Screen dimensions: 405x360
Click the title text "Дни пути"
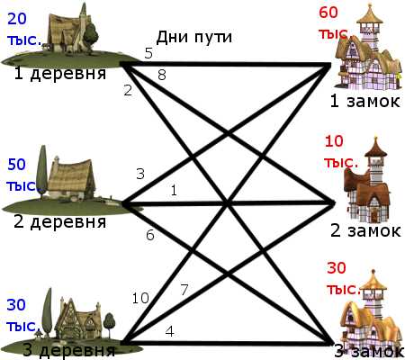point(194,38)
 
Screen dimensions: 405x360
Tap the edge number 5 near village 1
point(148,53)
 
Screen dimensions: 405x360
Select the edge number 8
point(162,75)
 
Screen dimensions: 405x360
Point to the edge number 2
point(128,90)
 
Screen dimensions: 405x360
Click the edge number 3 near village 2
point(140,174)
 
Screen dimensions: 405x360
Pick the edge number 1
point(174,190)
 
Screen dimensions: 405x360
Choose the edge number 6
point(150,235)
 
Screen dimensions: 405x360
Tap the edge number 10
point(140,298)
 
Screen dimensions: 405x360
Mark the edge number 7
point(184,290)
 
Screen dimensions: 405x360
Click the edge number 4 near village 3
point(170,331)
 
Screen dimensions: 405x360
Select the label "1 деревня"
point(60,73)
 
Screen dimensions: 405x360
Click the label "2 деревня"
point(60,221)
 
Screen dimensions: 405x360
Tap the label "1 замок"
point(364,101)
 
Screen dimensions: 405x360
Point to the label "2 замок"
point(365,230)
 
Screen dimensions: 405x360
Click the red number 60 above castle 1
point(328,13)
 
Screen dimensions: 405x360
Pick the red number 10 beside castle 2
point(334,141)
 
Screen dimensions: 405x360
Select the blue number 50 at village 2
point(16,165)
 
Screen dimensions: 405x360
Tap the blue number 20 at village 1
point(17,19)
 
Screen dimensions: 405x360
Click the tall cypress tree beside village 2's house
point(42,171)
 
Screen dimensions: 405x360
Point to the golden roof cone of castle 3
point(373,281)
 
